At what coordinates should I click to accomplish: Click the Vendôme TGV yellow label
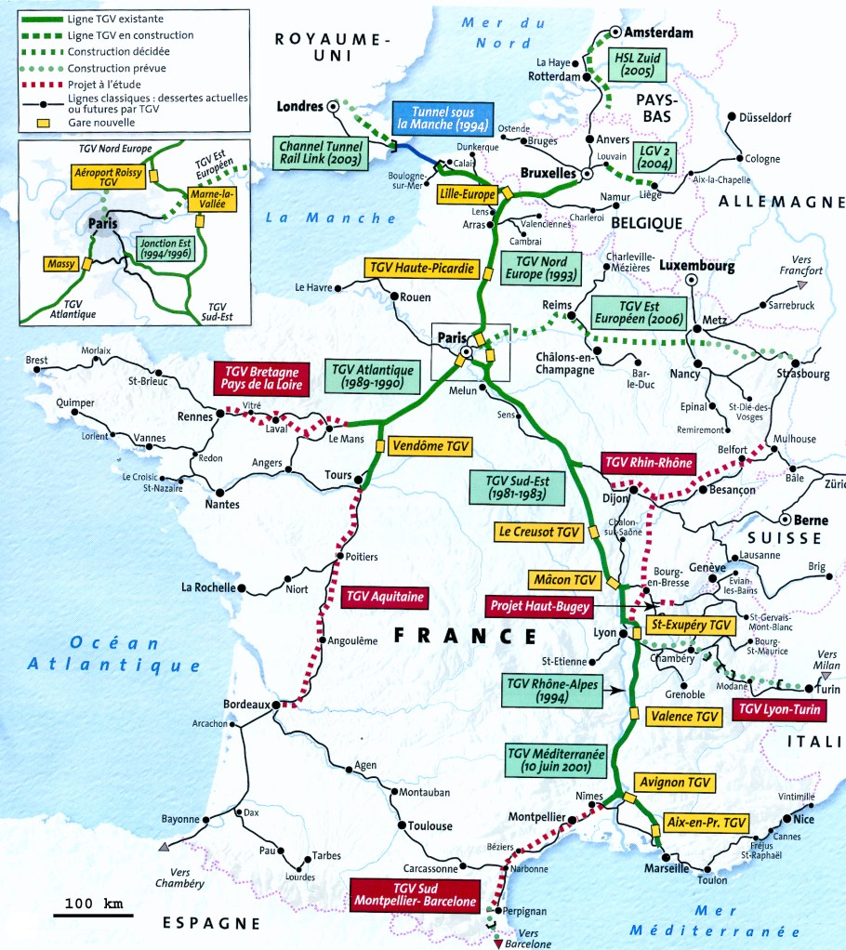click(430, 446)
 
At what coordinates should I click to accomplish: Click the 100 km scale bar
click(93, 913)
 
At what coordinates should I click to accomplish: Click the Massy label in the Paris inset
click(59, 264)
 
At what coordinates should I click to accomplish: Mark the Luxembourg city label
click(696, 266)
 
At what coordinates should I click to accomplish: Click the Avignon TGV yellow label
click(675, 783)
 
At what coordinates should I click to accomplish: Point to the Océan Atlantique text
click(113, 653)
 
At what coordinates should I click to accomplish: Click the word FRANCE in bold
click(465, 636)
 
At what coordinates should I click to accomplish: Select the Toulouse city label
click(430, 825)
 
